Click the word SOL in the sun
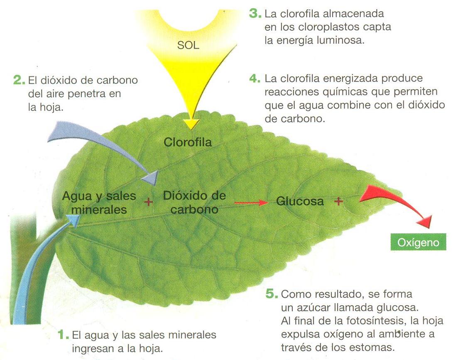[188, 45]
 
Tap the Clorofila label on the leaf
[188, 142]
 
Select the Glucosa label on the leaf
[300, 201]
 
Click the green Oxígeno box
[418, 242]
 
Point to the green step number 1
[62, 335]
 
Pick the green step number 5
[271, 294]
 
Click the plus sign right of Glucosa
[338, 201]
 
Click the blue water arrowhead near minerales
[74, 220]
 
